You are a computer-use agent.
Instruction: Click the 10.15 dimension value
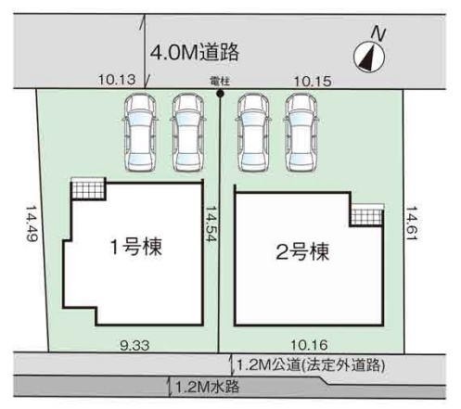311,81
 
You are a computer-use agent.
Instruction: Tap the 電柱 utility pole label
219,81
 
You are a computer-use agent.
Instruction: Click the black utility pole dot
219,93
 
